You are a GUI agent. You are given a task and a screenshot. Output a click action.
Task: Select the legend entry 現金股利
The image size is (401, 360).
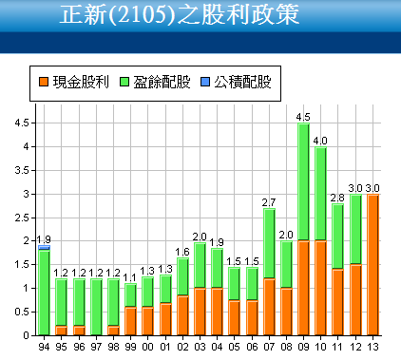pos(73,83)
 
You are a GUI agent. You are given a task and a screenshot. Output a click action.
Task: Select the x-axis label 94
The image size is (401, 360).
pos(43,346)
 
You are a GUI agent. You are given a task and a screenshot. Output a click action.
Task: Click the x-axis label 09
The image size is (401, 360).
pos(303,346)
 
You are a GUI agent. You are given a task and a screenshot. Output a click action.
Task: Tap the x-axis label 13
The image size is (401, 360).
pos(372,346)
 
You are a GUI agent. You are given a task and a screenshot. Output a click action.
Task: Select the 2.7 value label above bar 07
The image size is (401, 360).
pos(268,201)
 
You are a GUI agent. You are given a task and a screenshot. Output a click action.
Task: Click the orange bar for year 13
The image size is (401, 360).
pos(372,266)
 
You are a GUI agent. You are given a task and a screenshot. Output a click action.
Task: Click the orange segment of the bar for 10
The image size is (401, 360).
pos(320,289)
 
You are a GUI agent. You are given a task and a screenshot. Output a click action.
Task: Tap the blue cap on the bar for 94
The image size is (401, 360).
pos(44,247)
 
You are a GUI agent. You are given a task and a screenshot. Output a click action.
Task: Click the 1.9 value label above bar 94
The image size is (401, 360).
pos(44,238)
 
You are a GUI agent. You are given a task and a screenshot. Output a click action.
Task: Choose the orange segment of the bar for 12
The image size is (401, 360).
pos(355,300)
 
